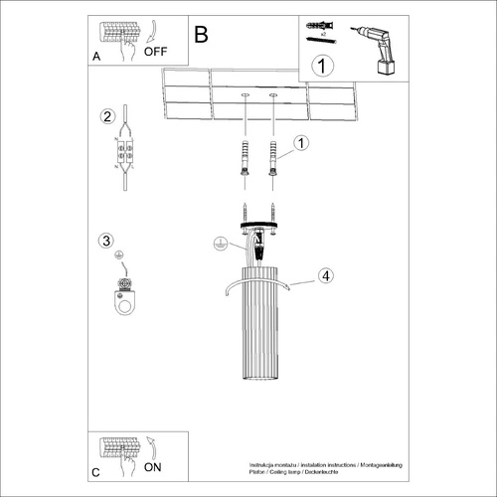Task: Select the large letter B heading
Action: (202, 35)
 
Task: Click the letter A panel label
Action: (96, 58)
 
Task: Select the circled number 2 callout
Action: (107, 117)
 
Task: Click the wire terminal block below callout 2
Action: (124, 156)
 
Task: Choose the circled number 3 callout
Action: (107, 240)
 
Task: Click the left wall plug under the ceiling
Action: (242, 159)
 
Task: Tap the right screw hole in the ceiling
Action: (272, 96)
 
